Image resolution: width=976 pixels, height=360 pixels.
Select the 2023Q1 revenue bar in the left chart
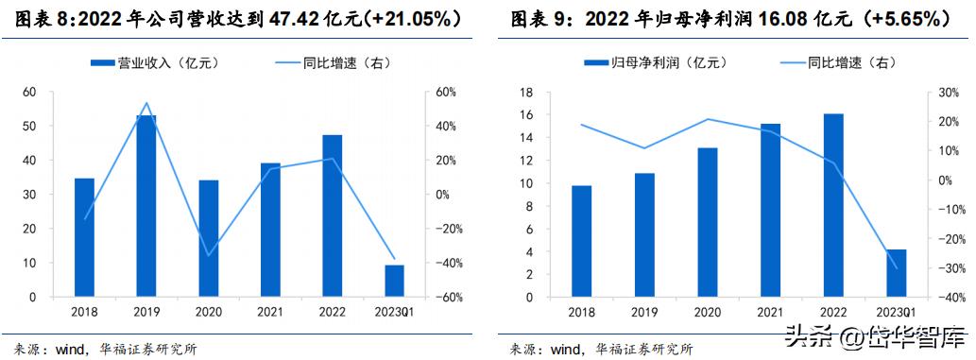click(x=395, y=281)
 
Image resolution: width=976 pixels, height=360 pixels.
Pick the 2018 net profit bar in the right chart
click(x=583, y=241)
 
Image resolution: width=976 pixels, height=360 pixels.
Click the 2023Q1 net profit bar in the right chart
click(x=895, y=273)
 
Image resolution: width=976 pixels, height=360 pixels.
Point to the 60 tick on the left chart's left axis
click(x=30, y=92)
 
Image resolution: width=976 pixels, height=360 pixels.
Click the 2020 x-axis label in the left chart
click(x=209, y=313)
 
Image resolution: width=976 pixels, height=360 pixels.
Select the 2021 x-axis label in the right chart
click(x=770, y=313)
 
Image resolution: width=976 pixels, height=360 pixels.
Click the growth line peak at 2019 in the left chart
click(x=146, y=103)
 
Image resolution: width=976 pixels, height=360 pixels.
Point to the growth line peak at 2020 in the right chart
click(x=708, y=119)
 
